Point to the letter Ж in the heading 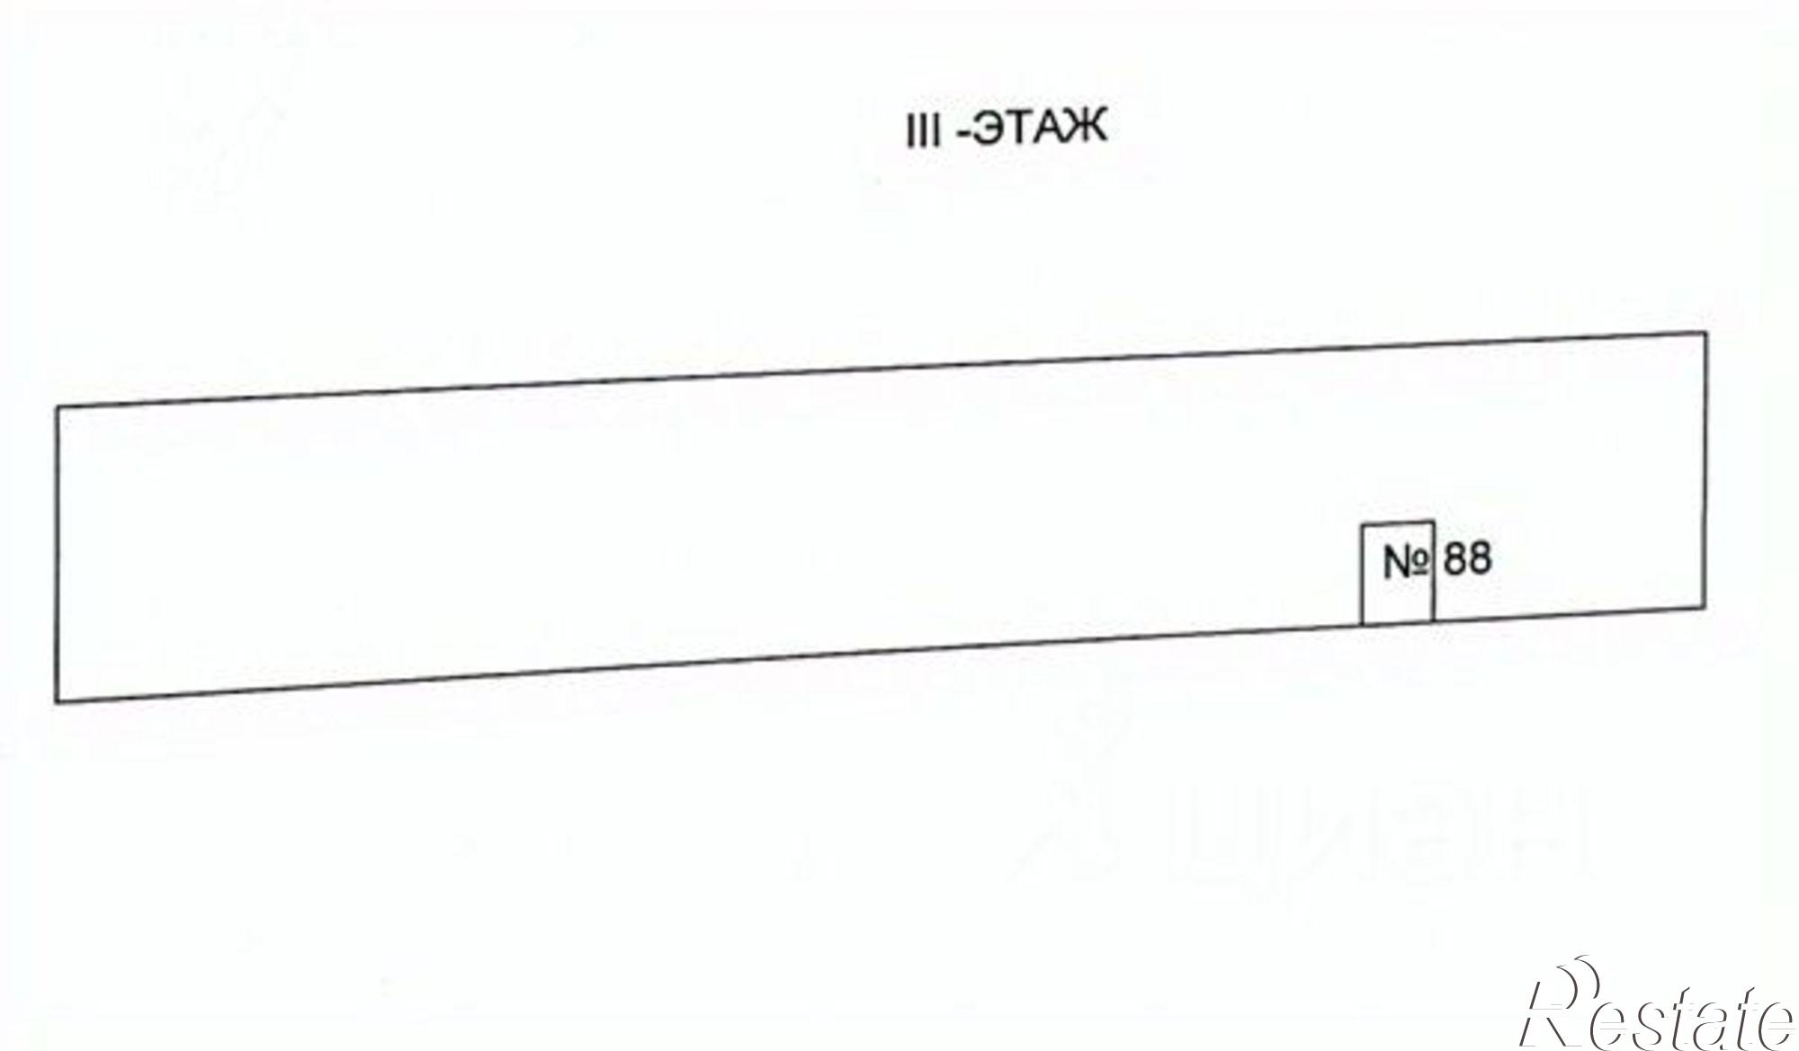(x=1086, y=128)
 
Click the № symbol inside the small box (x=1405, y=563)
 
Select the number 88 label (x=1467, y=558)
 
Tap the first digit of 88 (x=1455, y=558)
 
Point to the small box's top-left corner (x=1362, y=524)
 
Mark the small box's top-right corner (x=1433, y=521)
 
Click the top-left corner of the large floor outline (x=58, y=407)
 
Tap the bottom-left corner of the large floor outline (x=58, y=701)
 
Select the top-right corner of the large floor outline (x=1705, y=334)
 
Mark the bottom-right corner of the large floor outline (x=1705, y=608)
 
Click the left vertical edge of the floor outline (x=58, y=554)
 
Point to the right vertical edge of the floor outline (x=1705, y=470)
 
